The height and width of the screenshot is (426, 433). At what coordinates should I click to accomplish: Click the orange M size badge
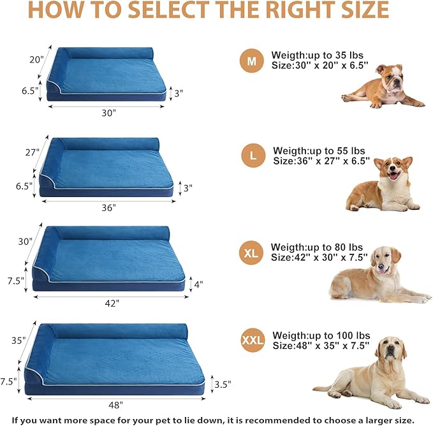pyautogui.click(x=251, y=61)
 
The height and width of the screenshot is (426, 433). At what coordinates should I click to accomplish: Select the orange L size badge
pyautogui.click(x=253, y=156)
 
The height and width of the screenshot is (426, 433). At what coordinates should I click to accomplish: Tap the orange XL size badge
pyautogui.click(x=251, y=253)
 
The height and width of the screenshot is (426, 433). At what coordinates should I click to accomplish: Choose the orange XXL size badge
pyautogui.click(x=253, y=341)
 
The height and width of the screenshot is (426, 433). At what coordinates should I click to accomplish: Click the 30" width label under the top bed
pyautogui.click(x=108, y=113)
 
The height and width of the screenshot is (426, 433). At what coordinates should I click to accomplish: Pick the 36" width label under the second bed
pyautogui.click(x=108, y=207)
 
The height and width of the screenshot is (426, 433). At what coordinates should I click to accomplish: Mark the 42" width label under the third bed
pyautogui.click(x=112, y=304)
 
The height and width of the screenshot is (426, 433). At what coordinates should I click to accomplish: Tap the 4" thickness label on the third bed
pyautogui.click(x=198, y=284)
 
